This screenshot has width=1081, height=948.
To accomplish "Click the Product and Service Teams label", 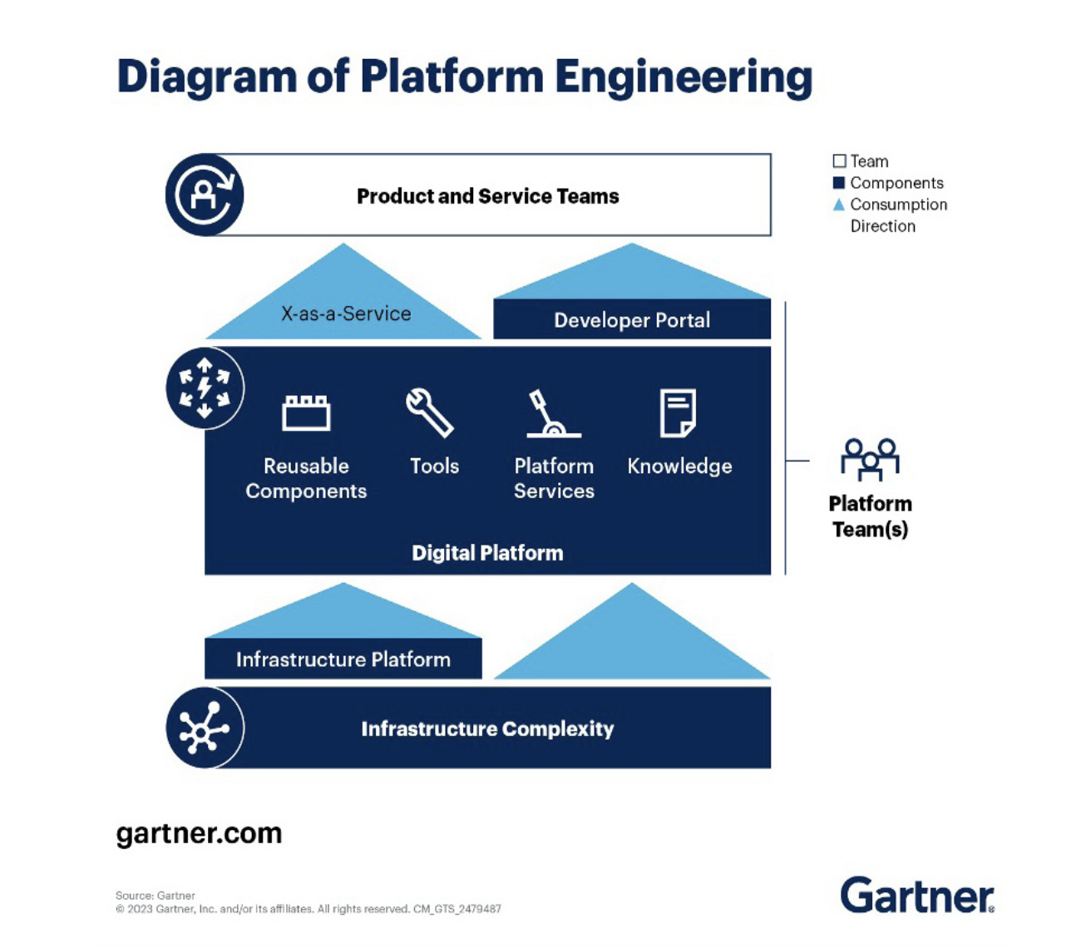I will click(487, 196).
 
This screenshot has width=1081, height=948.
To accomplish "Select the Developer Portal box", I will click(632, 320).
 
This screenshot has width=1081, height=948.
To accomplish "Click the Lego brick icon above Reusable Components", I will click(306, 412).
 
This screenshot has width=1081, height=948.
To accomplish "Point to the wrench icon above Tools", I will click(430, 412).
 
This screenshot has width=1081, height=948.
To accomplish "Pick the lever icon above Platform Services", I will click(552, 413).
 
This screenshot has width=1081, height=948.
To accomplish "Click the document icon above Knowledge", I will click(678, 412).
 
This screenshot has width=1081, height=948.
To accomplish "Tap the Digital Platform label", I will click(487, 553).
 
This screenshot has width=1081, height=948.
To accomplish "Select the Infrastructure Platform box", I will click(343, 659).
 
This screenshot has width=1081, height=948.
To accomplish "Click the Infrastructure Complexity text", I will click(487, 729).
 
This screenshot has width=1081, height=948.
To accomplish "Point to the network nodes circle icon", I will click(205, 728).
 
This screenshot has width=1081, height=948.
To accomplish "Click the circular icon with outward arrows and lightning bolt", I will click(205, 388).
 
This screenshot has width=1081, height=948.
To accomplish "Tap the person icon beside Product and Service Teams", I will click(205, 195).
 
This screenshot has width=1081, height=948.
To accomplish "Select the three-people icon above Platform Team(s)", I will click(870, 459).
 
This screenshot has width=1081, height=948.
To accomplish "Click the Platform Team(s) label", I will click(870, 516).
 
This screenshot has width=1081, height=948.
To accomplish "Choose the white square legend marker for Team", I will click(839, 161).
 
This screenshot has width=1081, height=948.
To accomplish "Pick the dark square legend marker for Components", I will click(839, 183).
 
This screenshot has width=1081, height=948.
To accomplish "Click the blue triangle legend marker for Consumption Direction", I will click(839, 205).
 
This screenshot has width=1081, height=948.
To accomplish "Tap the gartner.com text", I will click(199, 833).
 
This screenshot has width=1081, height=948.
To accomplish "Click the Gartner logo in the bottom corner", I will click(916, 896).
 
